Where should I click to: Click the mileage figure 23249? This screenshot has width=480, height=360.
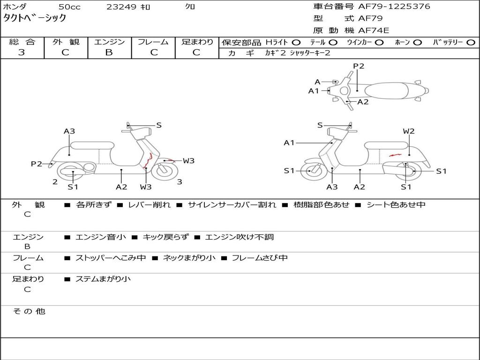click(x=121, y=7)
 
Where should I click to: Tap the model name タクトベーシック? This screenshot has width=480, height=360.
click(x=35, y=18)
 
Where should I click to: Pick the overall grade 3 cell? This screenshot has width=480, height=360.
click(x=22, y=52)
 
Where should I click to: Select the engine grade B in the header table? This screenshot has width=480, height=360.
click(x=109, y=52)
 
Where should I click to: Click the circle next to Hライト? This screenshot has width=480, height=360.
click(x=296, y=42)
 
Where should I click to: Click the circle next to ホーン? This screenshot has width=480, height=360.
click(x=417, y=42)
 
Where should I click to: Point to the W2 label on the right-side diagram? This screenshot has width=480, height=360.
click(x=409, y=131)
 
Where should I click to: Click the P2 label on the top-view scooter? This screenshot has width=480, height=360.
click(x=359, y=66)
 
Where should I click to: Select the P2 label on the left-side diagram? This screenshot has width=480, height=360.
click(x=37, y=164)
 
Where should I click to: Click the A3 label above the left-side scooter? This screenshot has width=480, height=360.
click(x=69, y=131)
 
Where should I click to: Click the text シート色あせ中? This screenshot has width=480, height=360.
click(x=396, y=205)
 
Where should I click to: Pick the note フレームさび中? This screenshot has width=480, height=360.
click(x=260, y=258)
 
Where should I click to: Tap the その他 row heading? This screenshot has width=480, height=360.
click(x=29, y=311)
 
